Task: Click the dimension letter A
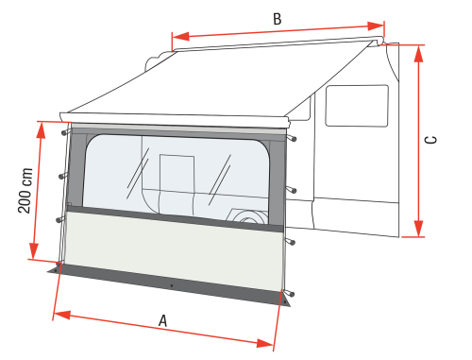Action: coord(163,321)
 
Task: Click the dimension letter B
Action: coord(276,19)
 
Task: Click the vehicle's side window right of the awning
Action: coord(356,105)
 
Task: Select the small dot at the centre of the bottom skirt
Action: coord(171,284)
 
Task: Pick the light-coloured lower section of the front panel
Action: coord(170,250)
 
